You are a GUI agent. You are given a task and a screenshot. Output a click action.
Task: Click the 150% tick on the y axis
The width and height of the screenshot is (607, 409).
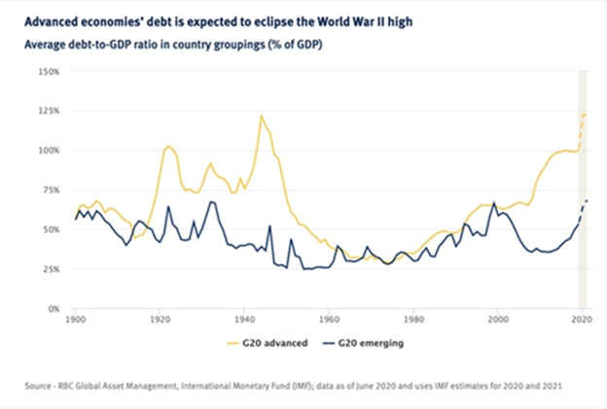(48, 71)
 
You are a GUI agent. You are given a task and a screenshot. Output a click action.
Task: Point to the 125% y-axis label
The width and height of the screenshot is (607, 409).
(48, 111)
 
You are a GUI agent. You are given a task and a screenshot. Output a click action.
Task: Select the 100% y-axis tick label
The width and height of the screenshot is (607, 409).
(48, 151)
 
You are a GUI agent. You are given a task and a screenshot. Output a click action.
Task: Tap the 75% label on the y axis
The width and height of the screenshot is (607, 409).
(50, 190)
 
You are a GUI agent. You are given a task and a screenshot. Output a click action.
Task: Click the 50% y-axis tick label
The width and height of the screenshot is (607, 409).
(50, 229)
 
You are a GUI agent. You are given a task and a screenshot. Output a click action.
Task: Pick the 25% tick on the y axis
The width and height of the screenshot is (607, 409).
(50, 269)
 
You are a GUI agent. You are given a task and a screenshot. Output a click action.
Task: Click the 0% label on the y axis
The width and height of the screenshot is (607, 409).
(53, 309)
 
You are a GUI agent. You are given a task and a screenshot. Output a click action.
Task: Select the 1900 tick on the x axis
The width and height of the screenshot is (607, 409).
(75, 318)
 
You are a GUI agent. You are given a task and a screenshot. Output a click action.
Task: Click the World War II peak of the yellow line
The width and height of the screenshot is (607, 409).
(261, 117)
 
